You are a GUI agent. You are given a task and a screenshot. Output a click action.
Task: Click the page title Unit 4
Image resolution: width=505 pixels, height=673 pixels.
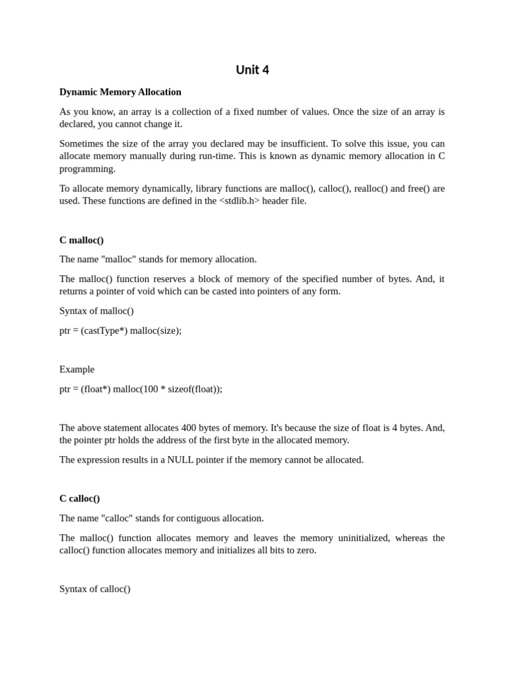point(252,70)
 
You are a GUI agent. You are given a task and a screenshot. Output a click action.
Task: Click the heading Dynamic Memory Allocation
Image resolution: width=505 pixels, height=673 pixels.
point(120,92)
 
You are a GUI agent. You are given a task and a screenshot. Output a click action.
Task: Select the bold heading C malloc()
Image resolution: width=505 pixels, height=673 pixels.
point(82,240)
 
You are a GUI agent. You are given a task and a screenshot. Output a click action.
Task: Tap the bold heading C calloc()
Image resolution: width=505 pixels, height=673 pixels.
point(80,498)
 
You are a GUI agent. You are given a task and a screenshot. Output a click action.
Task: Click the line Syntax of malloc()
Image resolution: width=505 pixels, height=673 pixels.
point(97,311)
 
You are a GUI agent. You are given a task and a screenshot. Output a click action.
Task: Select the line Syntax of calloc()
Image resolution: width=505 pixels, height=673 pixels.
point(95,589)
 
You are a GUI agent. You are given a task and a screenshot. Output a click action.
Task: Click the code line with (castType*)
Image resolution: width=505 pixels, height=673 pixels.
point(120,331)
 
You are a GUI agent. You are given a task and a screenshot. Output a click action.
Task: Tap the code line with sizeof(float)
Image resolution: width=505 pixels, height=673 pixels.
point(141,389)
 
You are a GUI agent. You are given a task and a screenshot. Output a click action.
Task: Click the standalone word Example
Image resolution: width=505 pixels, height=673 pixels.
point(77,369)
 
